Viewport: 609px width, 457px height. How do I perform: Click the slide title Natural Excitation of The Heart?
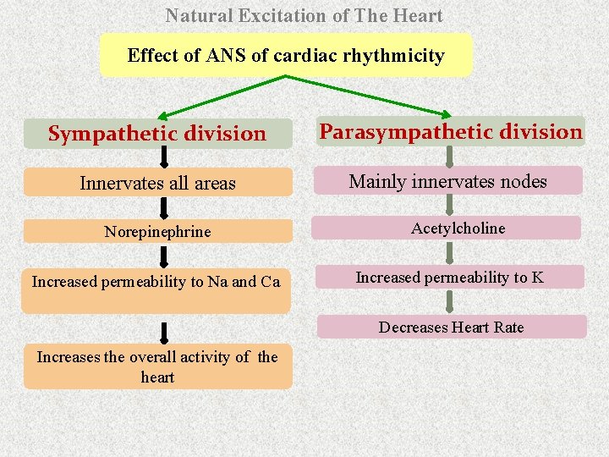(304, 15)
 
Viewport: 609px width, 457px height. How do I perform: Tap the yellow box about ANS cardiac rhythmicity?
(285, 56)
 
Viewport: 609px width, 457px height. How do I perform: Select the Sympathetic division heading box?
(157, 134)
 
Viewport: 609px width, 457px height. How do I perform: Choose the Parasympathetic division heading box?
(451, 132)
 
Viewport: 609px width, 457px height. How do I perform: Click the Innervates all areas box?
(157, 183)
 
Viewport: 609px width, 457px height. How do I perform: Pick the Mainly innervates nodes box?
(447, 181)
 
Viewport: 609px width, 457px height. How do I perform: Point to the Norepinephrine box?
(157, 231)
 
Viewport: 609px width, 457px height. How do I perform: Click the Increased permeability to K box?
(449, 278)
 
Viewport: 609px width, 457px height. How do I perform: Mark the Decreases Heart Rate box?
(451, 327)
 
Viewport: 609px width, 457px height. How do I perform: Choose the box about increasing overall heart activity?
(157, 366)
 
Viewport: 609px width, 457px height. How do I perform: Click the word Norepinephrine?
(157, 231)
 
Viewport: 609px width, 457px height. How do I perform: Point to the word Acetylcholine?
(458, 228)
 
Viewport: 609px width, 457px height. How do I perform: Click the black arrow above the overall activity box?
(164, 332)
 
